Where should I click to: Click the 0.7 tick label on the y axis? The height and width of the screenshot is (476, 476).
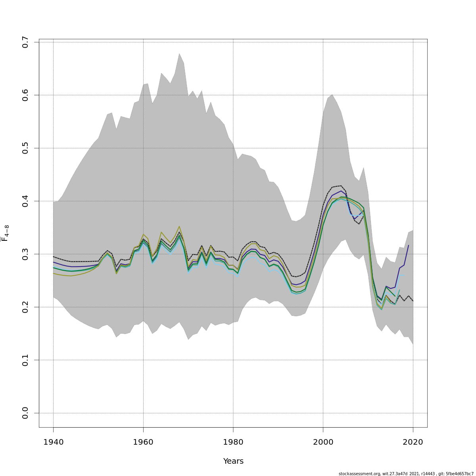tap(25, 42)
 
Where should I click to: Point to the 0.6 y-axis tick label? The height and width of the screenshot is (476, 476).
tap(25, 95)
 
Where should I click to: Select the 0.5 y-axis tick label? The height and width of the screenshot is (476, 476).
tap(25, 148)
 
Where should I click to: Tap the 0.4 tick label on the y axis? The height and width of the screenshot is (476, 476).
tap(25, 201)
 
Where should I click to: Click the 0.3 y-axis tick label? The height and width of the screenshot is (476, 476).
tap(25, 254)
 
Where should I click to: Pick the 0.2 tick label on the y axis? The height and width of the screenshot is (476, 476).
tap(25, 307)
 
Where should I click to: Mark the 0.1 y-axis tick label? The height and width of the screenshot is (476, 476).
tap(25, 360)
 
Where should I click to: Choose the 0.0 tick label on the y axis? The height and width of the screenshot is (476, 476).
tap(25, 413)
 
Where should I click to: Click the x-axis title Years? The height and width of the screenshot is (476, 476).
tap(233, 461)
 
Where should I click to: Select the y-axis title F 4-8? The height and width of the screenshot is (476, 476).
tap(6, 233)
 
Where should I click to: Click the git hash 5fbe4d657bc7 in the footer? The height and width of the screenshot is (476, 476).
tap(460, 474)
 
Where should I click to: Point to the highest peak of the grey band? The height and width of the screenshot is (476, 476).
tap(179, 54)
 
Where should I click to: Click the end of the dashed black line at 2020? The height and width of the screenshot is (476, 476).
tap(413, 301)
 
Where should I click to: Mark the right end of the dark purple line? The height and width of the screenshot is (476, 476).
tap(409, 245)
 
